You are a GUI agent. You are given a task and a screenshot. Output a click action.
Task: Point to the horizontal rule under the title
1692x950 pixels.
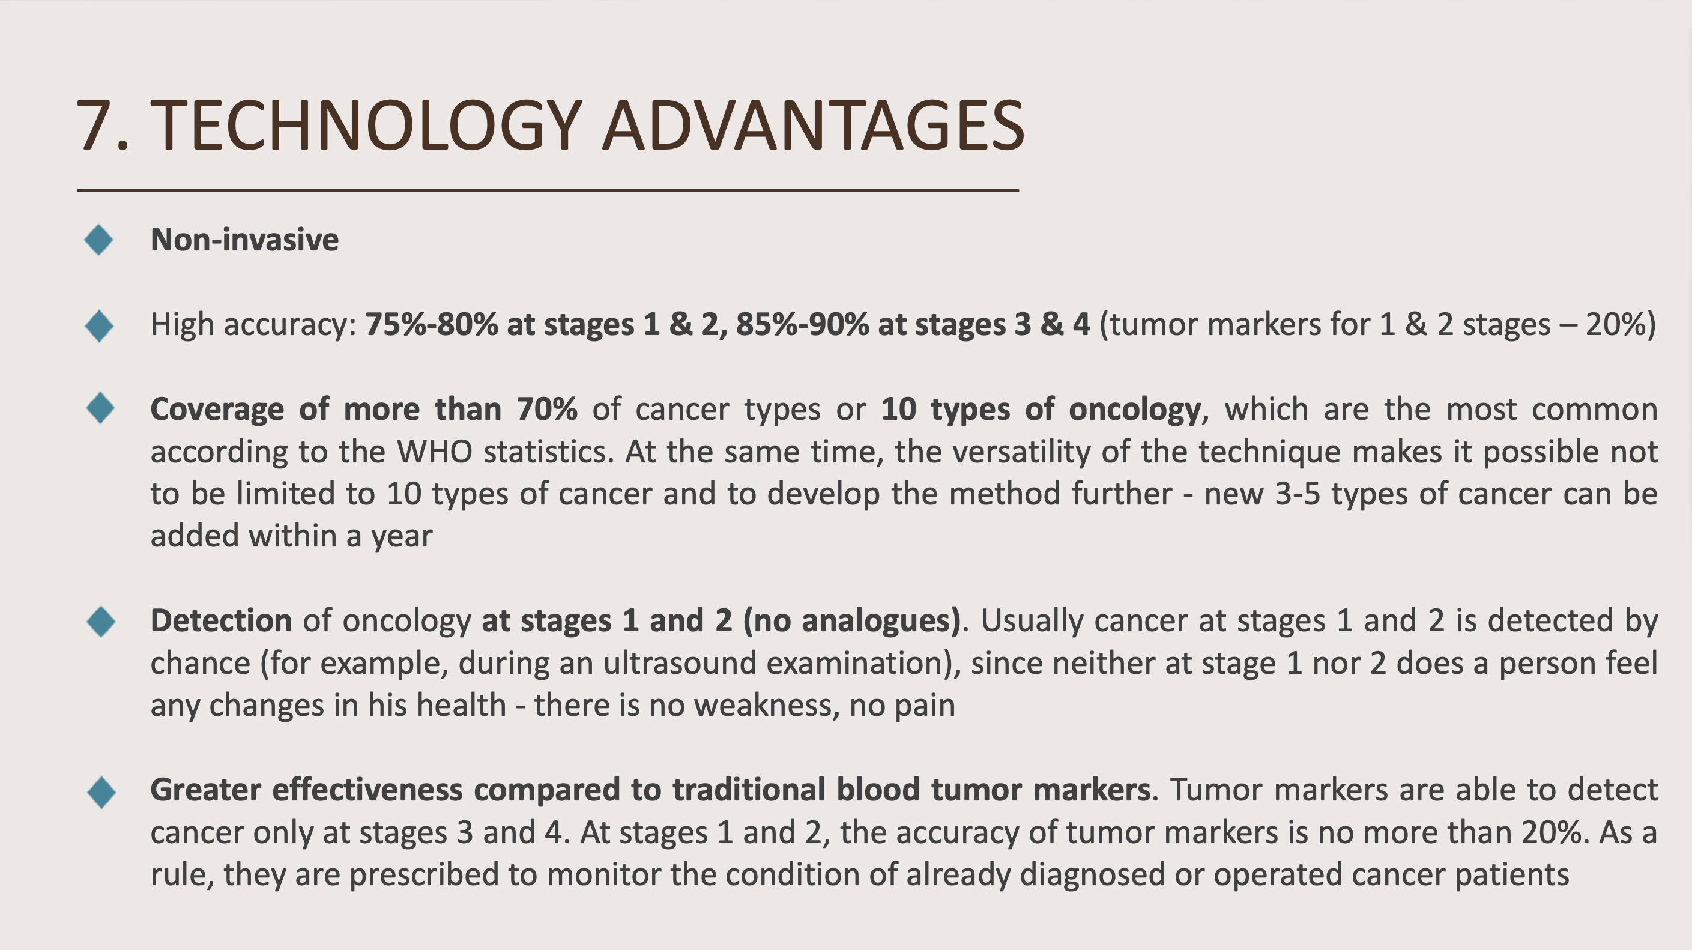click(548, 190)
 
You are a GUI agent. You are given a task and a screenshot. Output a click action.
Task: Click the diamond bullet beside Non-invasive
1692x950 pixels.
click(99, 240)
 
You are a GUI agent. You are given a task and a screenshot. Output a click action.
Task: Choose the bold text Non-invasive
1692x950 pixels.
click(245, 239)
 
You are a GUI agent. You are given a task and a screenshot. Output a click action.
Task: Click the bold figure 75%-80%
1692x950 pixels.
click(431, 324)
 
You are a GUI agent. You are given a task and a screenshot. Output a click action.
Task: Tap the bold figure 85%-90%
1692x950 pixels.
click(802, 324)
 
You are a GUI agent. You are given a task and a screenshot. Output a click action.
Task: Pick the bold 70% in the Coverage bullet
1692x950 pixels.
click(546, 409)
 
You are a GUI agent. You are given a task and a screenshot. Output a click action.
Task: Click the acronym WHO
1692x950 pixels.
click(434, 452)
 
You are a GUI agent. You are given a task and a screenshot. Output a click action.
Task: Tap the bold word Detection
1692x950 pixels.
click(222, 620)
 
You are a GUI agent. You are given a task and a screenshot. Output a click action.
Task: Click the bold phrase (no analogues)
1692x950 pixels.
click(852, 621)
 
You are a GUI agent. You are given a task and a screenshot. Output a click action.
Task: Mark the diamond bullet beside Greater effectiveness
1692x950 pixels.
click(101, 792)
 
